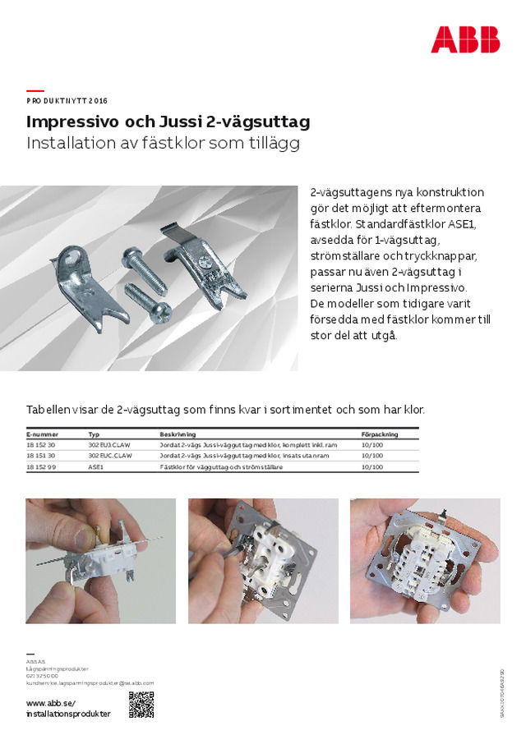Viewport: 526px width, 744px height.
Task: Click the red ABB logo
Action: click(465, 39)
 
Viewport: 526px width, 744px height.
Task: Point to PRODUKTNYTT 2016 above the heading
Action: click(67, 101)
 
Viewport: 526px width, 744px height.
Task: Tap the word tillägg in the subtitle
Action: click(275, 143)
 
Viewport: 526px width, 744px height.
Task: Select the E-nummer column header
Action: click(42, 434)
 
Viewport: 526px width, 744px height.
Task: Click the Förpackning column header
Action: click(380, 434)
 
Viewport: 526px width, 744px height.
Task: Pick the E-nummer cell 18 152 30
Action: click(41, 444)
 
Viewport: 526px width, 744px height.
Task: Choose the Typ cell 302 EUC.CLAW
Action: click(110, 455)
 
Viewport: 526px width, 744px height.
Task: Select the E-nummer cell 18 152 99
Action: click(41, 466)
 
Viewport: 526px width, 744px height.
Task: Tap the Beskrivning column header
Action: click(178, 434)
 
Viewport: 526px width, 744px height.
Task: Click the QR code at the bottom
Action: click(141, 705)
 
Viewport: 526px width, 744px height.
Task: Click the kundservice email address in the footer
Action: click(90, 683)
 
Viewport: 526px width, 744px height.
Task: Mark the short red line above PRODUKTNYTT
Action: click(35, 90)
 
